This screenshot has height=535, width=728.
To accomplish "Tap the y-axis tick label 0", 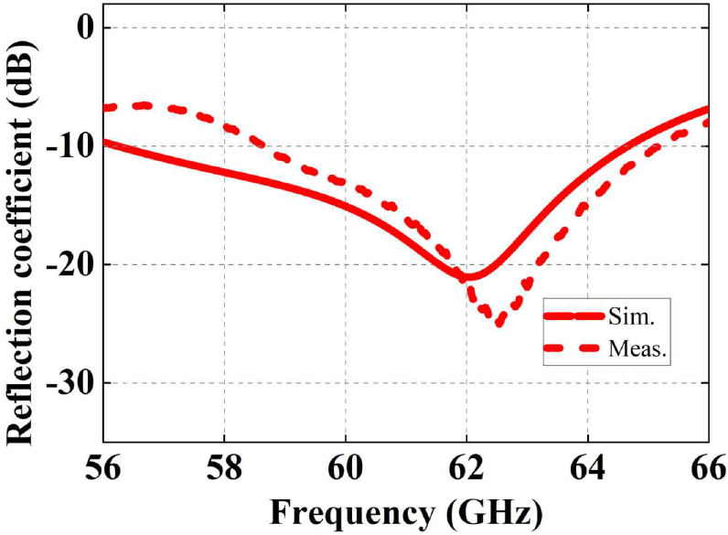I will pyautogui.click(x=83, y=27).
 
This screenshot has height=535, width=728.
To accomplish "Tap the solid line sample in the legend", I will pyautogui.click(x=573, y=316).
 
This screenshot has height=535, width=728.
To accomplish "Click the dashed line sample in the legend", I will pyautogui.click(x=573, y=348).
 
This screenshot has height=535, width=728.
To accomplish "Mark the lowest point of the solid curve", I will pyautogui.click(x=467, y=276).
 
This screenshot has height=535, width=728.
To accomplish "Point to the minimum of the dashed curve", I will pyautogui.click(x=498, y=322).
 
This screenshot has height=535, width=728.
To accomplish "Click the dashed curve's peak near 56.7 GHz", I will pyautogui.click(x=145, y=105).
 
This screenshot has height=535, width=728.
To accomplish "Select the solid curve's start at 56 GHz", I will pyautogui.click(x=104, y=142).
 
